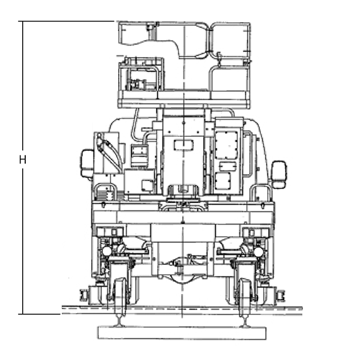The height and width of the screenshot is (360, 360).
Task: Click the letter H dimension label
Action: tap(23, 160)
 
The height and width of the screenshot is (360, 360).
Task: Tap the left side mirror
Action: tap(86, 163)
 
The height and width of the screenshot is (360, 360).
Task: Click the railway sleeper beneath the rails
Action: tap(182, 333)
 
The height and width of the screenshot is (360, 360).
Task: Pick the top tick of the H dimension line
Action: tap(23, 22)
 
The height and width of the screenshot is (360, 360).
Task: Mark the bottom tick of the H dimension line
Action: tap(23, 314)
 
